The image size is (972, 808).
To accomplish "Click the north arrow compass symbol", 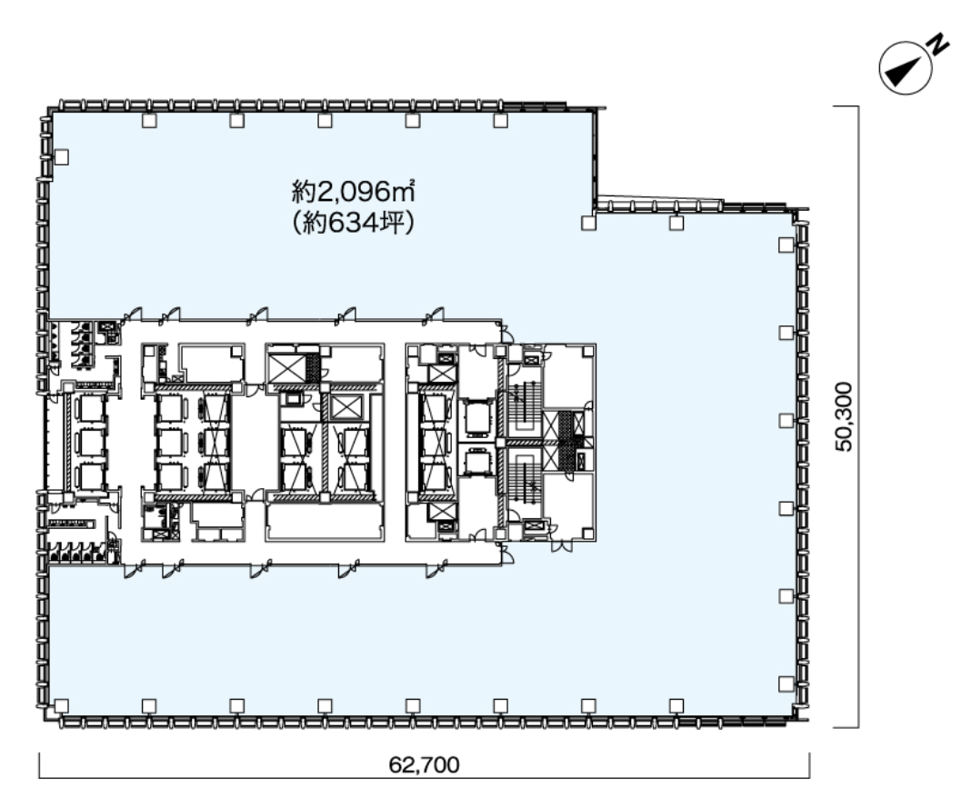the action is [906, 68].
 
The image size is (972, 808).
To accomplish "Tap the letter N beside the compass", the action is [938, 45].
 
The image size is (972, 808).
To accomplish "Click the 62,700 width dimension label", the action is [424, 764].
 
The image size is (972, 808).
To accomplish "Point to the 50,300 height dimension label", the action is [844, 416].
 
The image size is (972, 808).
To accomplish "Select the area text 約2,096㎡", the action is [353, 192].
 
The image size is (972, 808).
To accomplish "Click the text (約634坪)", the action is [353, 223].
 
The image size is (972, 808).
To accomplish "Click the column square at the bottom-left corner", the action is [61, 706].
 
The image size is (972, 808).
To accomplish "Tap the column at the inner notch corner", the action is [588, 223].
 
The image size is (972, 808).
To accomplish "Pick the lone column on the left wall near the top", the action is [61, 157].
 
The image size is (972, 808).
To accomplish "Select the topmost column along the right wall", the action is [786, 244].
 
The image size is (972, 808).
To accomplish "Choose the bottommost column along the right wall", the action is [786, 683].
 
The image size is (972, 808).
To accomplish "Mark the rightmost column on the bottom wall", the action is [676, 706].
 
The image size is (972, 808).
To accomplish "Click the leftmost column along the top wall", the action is [149, 121].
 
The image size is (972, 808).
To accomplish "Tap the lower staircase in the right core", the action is [525, 476].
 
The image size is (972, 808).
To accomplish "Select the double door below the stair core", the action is [562, 546].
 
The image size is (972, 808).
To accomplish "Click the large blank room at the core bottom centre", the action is [325, 523].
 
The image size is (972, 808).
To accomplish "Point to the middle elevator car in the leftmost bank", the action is [87, 442].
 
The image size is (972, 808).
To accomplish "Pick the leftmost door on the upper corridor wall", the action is [133, 314].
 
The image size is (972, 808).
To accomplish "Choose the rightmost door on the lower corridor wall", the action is [436, 568].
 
